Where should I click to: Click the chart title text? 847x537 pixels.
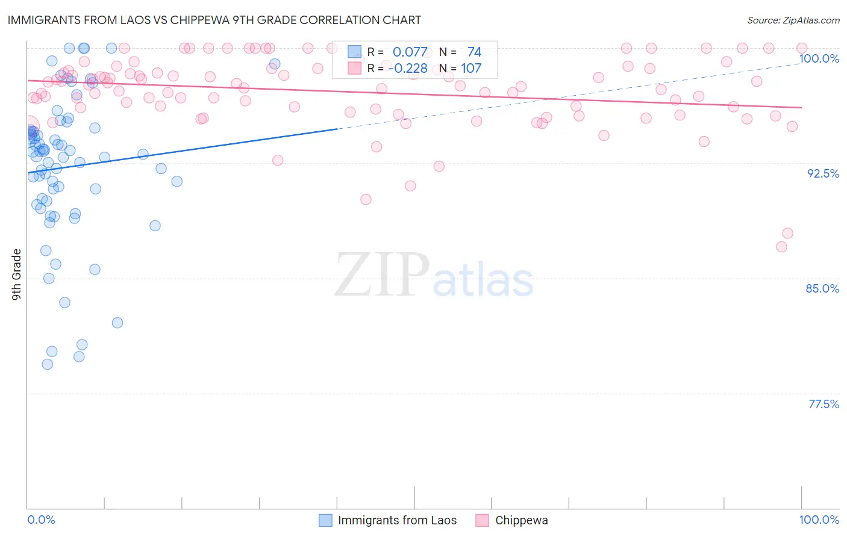point(214,20)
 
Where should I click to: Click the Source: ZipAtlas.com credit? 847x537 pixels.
point(793,20)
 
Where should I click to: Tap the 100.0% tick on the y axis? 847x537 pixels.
point(819,58)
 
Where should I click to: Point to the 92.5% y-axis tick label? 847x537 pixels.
point(823,173)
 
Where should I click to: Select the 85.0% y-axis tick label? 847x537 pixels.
point(822,288)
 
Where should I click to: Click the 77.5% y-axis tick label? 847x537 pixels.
point(824,404)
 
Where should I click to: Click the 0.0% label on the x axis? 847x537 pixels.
point(41,520)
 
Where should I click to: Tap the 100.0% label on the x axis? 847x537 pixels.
point(819,520)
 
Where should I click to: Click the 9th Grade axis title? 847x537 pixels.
point(17,274)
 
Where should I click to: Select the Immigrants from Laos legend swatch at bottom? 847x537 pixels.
point(325,520)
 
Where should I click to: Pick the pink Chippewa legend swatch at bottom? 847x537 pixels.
point(482,520)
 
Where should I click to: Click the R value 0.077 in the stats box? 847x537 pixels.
point(410,52)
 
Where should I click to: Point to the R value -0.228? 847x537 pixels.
point(408,69)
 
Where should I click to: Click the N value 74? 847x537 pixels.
point(474,52)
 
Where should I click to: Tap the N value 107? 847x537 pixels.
point(471,69)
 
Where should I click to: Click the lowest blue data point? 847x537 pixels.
point(47,364)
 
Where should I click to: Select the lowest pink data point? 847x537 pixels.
point(781,247)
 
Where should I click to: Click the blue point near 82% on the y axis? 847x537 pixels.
point(117,323)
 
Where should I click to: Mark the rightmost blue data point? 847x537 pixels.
point(275,64)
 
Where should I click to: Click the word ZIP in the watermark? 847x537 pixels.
point(382,275)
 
